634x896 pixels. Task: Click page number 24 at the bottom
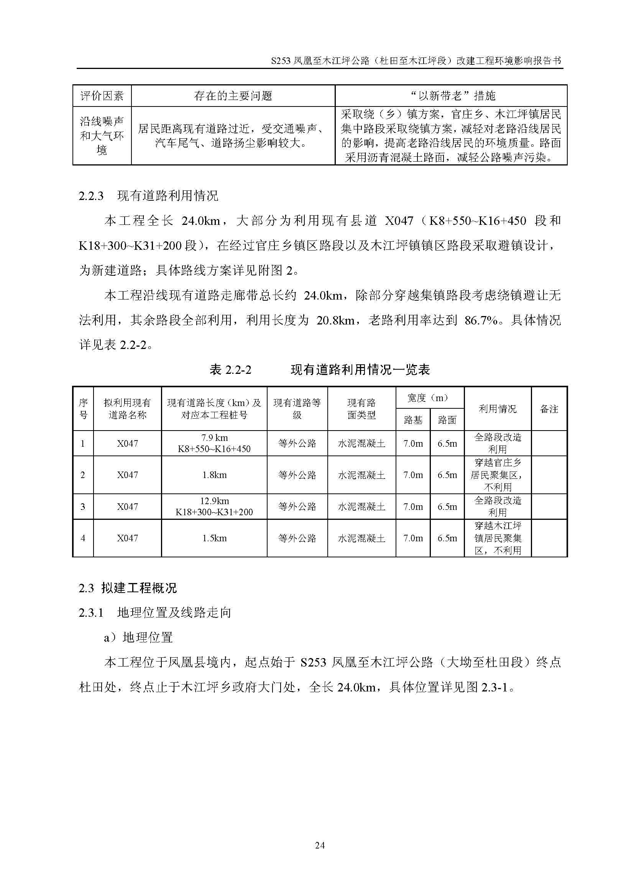(x=319, y=845)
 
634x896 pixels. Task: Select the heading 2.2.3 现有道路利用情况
(x=148, y=195)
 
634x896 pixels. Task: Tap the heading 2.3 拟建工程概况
(x=128, y=587)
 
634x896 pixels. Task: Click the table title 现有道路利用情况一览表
(x=360, y=370)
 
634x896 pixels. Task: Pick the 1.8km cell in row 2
(x=214, y=475)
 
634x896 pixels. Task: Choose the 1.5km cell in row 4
(x=214, y=538)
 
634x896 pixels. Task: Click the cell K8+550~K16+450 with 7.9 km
(x=214, y=443)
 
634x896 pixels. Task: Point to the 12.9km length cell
(x=214, y=506)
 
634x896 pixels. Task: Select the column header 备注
(x=549, y=409)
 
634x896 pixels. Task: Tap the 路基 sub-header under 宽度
(x=413, y=420)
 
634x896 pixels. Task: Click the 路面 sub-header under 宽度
(x=447, y=420)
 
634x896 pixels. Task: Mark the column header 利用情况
(x=498, y=409)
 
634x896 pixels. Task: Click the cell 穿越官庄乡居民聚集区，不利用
(x=498, y=475)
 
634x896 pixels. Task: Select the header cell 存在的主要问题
(x=233, y=96)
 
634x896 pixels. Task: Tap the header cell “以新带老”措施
(x=451, y=96)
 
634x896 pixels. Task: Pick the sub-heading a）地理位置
(x=138, y=637)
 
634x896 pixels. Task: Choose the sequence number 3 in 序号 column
(x=83, y=506)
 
